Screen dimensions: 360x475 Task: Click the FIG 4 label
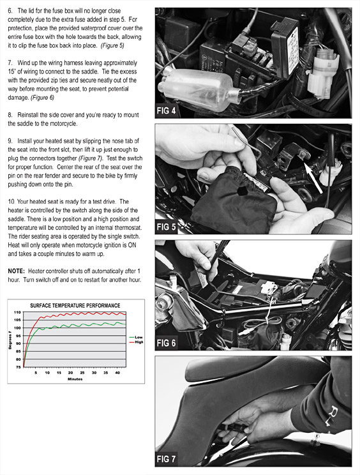click(x=166, y=110)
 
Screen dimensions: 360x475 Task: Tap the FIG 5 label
click(x=166, y=227)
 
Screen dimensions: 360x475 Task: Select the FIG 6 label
click(x=166, y=343)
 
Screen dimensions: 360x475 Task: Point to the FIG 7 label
click(x=166, y=459)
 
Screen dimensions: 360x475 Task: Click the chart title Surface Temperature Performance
click(x=75, y=305)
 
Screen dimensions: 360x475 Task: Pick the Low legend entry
click(x=136, y=337)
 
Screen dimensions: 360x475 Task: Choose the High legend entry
click(x=136, y=342)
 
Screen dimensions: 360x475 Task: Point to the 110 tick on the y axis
click(x=17, y=312)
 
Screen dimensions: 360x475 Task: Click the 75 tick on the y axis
click(x=18, y=367)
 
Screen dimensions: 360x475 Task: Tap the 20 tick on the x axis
click(x=71, y=373)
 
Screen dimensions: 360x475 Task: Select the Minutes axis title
click(x=75, y=379)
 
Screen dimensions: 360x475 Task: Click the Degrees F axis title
click(x=10, y=340)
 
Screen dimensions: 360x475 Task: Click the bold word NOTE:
click(x=16, y=271)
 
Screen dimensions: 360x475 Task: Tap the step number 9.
click(x=10, y=141)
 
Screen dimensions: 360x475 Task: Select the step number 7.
click(x=10, y=63)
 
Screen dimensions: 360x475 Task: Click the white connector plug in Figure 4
click(x=322, y=73)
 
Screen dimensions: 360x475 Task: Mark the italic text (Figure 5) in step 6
click(x=112, y=46)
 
